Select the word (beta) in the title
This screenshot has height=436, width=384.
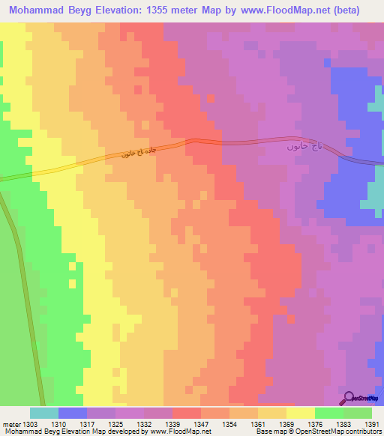(345, 10)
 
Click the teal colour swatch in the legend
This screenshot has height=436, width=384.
(44, 413)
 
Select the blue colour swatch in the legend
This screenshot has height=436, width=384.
(73, 413)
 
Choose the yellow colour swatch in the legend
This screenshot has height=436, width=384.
(301, 413)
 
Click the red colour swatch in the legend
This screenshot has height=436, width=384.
(187, 413)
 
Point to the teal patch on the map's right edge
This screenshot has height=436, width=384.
(375, 195)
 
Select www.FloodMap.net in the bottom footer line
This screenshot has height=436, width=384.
(180, 432)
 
